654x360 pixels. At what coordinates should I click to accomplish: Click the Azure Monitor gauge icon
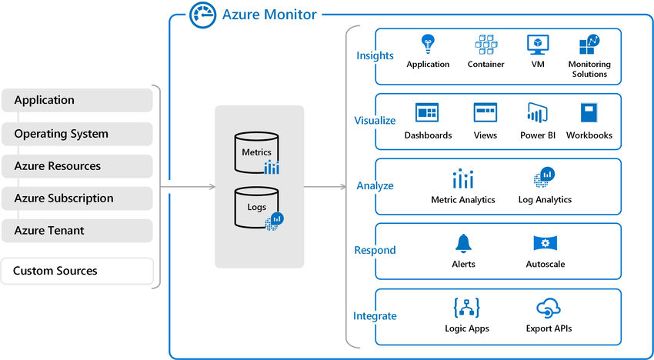click(202, 15)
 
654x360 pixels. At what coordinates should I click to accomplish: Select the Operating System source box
click(77, 134)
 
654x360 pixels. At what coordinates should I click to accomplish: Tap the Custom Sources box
click(77, 271)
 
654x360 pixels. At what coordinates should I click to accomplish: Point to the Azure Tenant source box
click(77, 231)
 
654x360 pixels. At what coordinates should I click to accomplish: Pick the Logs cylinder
click(257, 207)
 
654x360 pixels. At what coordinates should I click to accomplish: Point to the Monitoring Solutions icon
click(589, 45)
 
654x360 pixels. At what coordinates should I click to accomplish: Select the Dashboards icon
click(427, 113)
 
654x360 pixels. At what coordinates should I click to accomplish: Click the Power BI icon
click(537, 113)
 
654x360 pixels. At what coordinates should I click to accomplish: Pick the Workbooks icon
click(589, 113)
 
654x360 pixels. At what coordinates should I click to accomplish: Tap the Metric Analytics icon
click(462, 179)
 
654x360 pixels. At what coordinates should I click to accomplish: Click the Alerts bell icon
click(463, 244)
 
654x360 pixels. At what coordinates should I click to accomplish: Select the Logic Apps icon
click(467, 308)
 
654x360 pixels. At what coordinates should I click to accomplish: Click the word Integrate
click(375, 316)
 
